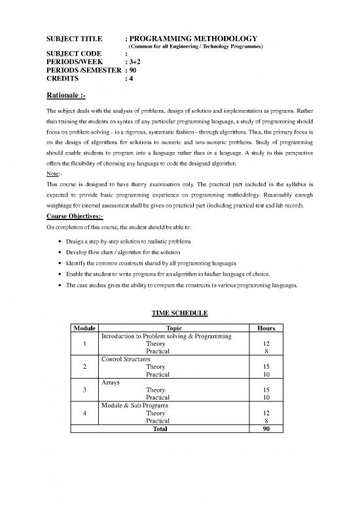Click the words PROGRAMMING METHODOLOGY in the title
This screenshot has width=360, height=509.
pos(194,39)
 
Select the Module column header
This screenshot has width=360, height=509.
pos(86,328)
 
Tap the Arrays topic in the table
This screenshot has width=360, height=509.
pos(111,382)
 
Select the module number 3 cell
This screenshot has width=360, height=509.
pos(86,390)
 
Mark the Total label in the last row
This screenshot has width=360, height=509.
pos(160,429)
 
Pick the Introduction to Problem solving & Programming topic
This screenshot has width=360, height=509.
pos(166,336)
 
